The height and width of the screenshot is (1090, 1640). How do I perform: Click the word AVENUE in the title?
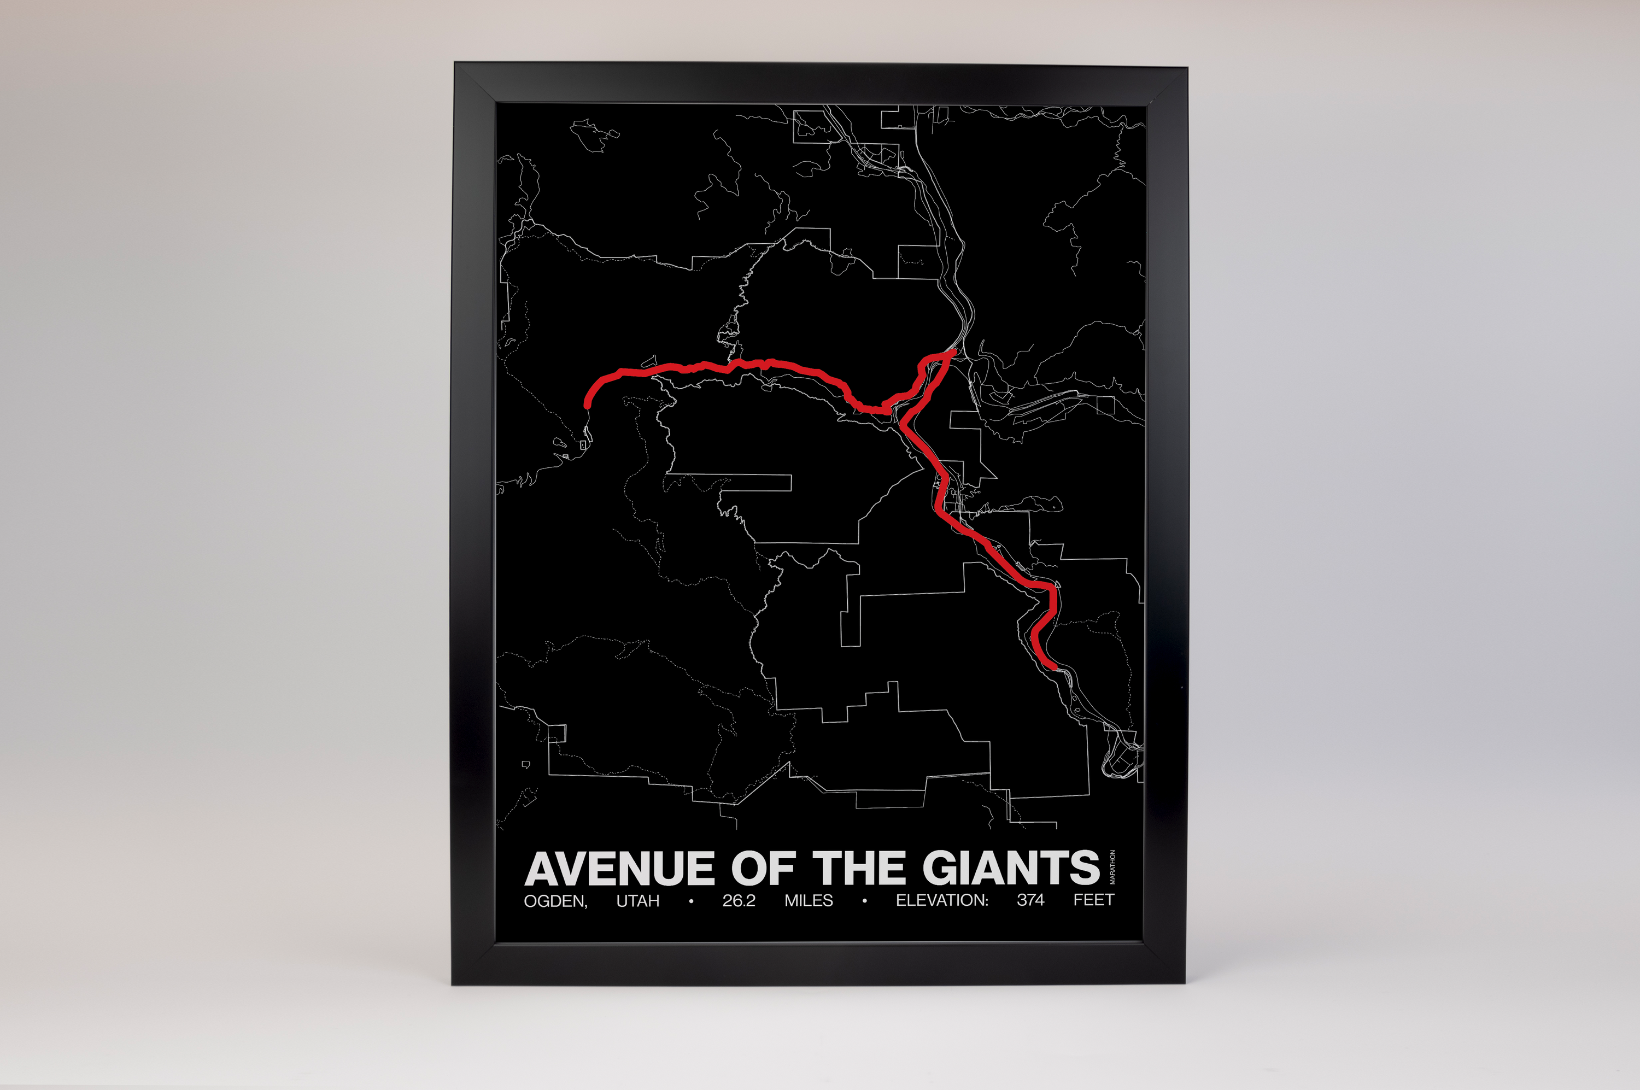(619, 869)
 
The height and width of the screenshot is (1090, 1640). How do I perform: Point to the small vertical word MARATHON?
(1112, 867)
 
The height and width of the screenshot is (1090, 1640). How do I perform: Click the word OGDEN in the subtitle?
(555, 901)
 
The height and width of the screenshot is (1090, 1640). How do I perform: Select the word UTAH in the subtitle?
(637, 901)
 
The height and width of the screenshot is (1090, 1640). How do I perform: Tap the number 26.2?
(739, 901)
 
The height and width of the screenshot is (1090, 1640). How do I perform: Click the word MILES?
(809, 901)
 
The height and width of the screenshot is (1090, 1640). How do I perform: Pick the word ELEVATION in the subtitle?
(941, 900)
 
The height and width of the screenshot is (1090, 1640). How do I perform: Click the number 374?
(1030, 900)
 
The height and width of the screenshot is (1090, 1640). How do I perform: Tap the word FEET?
(1093, 900)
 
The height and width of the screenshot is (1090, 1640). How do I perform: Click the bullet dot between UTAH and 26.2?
(691, 901)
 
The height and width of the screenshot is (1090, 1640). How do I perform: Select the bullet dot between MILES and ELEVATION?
(864, 901)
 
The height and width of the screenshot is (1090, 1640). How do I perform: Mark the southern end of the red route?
(1055, 667)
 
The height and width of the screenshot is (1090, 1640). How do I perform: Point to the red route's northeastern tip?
(954, 351)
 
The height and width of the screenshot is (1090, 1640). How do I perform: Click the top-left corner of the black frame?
(455, 63)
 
